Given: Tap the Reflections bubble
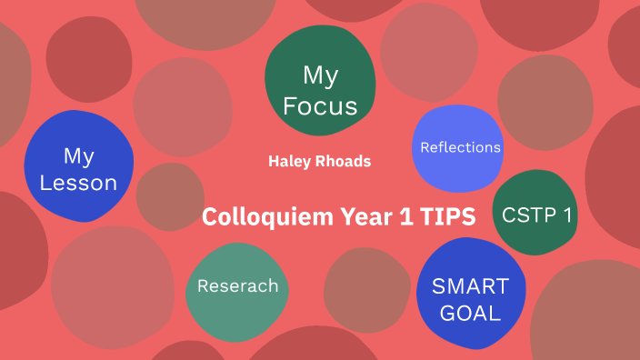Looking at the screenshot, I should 459,147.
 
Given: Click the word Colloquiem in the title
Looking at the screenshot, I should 259,217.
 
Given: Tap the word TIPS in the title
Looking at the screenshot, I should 445,217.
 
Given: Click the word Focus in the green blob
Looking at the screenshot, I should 320,105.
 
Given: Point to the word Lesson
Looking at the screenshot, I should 79,183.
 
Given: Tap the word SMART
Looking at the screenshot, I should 470,286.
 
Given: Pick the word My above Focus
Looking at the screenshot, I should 320,75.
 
